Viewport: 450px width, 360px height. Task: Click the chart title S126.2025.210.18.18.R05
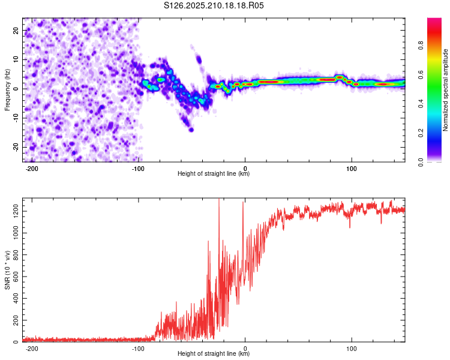tap(214, 5)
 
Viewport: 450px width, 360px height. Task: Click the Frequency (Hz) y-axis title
tap(7, 90)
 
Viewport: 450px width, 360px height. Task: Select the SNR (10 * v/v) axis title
tap(7, 270)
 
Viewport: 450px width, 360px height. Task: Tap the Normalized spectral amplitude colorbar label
tap(445, 90)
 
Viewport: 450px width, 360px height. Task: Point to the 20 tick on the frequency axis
tap(16, 30)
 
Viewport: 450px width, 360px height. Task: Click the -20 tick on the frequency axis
tap(16, 147)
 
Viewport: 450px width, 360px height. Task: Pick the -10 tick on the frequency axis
tap(16, 118)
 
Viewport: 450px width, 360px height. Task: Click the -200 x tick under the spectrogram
tap(32, 169)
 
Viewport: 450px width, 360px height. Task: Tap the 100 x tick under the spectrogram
tap(351, 169)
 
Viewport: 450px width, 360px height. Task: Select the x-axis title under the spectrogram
tap(214, 173)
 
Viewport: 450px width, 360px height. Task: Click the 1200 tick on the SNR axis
tap(16, 211)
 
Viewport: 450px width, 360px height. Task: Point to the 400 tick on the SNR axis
tap(16, 298)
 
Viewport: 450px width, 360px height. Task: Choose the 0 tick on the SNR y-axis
tap(16, 341)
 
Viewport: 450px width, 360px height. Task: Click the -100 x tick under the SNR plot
tap(138, 349)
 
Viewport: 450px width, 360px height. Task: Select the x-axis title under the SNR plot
tap(214, 353)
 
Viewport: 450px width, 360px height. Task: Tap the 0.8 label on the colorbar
tap(421, 46)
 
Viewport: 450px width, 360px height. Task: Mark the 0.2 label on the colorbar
tap(421, 133)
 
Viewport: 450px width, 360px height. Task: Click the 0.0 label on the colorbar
tap(421, 162)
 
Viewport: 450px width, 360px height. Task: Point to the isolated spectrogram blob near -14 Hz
tap(191, 130)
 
